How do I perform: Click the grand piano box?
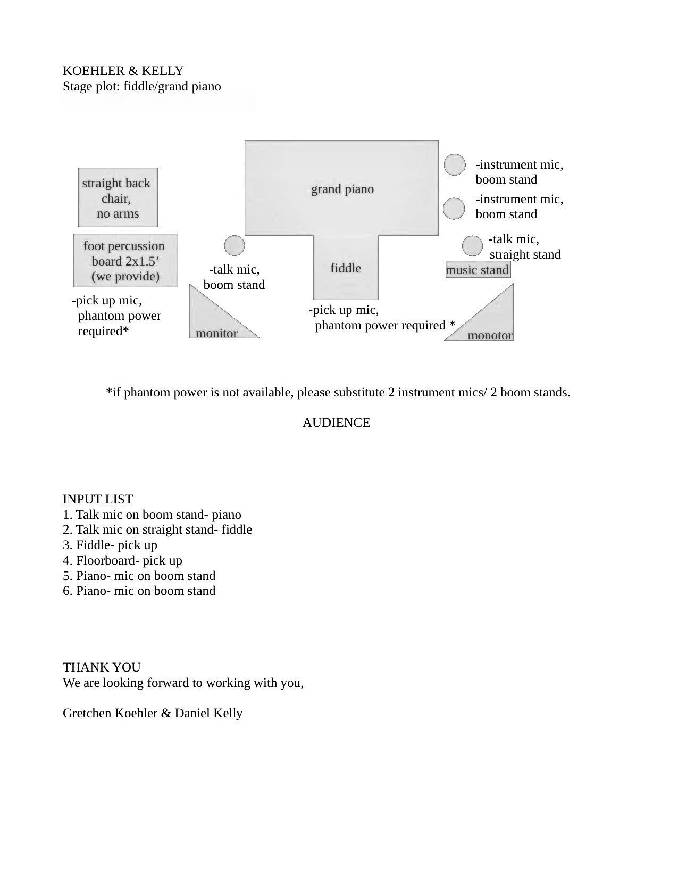point(341,188)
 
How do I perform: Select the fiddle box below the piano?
point(346,268)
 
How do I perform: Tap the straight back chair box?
point(118,198)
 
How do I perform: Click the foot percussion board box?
point(125,261)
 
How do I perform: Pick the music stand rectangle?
point(478,270)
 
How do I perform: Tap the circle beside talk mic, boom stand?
point(235,246)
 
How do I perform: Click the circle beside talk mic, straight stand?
point(472,246)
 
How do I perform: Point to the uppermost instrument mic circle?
point(455,164)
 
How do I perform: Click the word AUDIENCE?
point(336,423)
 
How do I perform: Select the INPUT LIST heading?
point(98,499)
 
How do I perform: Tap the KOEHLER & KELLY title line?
point(123,71)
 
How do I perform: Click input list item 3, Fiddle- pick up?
point(110,545)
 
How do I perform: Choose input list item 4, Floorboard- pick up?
point(122,560)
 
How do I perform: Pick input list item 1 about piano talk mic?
point(152,515)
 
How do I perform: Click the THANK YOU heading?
point(102,667)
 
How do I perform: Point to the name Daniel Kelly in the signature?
point(208,713)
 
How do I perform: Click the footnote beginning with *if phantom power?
point(338,393)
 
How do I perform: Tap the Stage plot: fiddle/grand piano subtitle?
point(142,86)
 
